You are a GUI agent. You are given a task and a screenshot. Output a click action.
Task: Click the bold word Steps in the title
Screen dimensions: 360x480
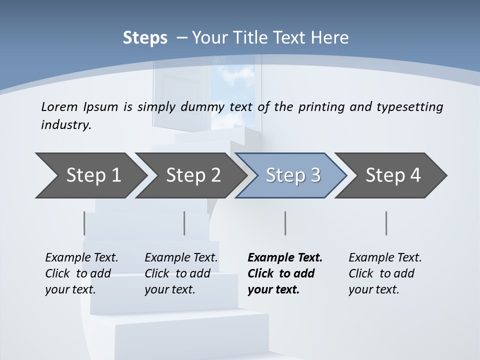(145, 38)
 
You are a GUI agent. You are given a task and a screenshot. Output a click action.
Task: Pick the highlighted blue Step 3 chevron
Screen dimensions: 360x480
(293, 175)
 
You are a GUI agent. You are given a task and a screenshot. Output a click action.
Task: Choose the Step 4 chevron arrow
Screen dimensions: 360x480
(393, 175)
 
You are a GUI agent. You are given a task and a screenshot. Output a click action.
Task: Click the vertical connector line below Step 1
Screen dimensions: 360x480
(84, 223)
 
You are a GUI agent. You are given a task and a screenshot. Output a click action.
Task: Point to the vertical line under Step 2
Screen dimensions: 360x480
(184, 223)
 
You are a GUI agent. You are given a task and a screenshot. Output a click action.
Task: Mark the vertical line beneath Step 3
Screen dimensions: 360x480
(285, 223)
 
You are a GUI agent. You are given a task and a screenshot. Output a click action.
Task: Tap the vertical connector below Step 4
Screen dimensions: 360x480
(386, 223)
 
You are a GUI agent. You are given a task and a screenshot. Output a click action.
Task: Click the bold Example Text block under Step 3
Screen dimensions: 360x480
(284, 273)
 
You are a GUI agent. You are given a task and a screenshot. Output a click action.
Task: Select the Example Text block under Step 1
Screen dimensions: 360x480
(81, 273)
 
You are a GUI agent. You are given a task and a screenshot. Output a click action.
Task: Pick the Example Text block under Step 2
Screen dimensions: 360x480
(181, 273)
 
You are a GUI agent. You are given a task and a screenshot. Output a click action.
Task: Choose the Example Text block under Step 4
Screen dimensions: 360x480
(385, 273)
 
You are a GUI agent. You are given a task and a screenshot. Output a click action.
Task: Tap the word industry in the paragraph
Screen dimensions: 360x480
(66, 125)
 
